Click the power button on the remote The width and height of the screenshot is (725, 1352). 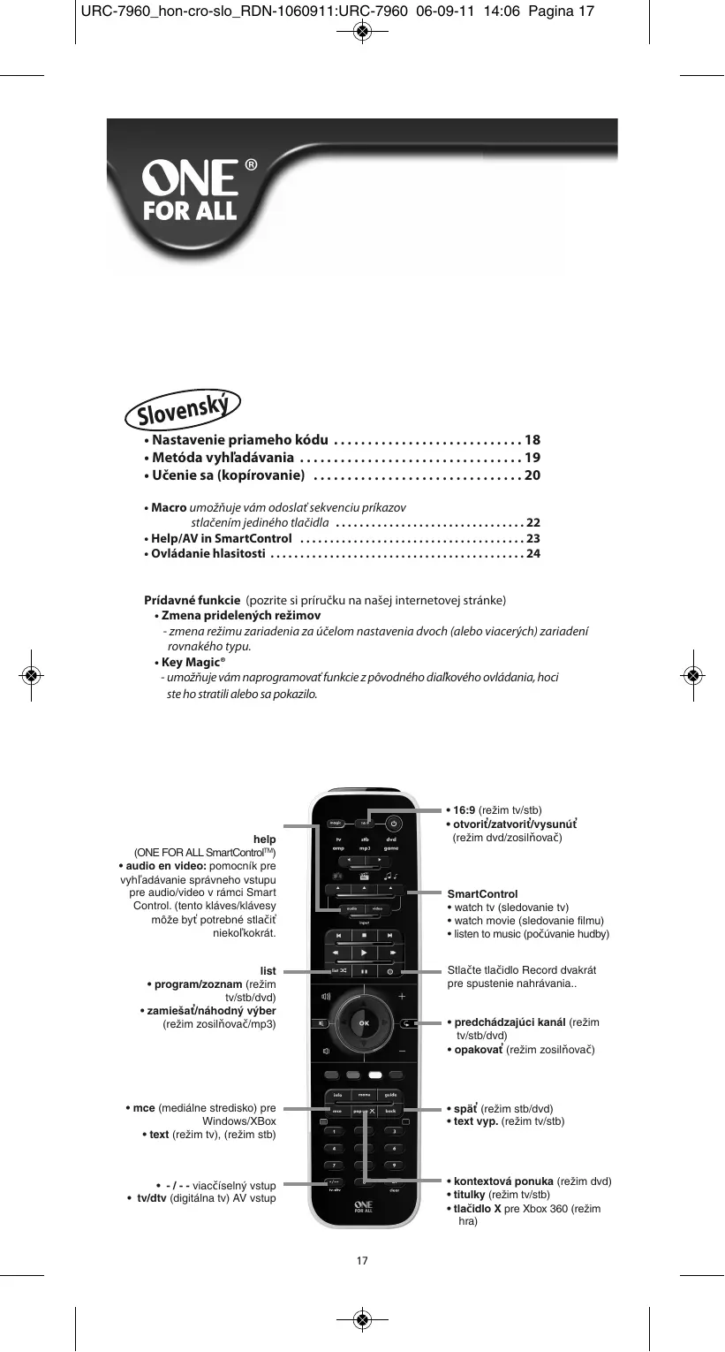click(395, 823)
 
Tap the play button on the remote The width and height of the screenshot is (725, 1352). click(363, 953)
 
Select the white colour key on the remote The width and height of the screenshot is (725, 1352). click(374, 1075)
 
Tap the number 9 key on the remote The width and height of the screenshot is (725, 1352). click(394, 1165)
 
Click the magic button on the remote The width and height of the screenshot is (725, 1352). click(336, 824)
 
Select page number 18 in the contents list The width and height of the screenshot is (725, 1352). click(532, 440)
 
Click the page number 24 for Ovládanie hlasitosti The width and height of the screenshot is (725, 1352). click(532, 554)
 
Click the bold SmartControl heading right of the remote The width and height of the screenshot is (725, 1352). click(482, 894)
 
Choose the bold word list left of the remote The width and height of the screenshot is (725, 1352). click(267, 971)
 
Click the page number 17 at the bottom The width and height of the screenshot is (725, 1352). click(362, 1260)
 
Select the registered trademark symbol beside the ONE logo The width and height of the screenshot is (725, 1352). click(251, 164)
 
